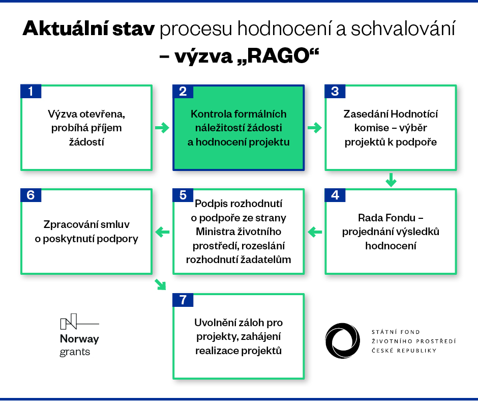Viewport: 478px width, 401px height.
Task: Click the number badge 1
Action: click(x=31, y=91)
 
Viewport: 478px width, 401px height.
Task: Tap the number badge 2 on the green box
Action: click(x=183, y=91)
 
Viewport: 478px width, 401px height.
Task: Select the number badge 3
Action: click(x=335, y=91)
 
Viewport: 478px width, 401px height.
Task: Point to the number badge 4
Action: click(x=335, y=195)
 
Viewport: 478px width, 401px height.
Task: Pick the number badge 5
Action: click(x=183, y=195)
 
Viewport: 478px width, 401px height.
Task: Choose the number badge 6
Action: click(x=31, y=195)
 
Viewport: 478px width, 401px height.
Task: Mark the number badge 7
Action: click(x=183, y=300)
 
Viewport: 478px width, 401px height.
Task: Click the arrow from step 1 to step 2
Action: click(x=162, y=128)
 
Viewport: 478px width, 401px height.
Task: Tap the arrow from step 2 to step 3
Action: click(x=315, y=128)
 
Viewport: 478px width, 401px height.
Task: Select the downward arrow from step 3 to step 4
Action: click(x=391, y=180)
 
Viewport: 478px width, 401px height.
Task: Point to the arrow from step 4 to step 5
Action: click(x=315, y=232)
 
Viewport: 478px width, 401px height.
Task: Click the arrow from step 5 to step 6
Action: click(x=163, y=232)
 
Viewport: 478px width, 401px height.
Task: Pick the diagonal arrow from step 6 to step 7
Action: click(x=161, y=284)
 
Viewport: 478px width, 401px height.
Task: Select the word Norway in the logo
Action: click(x=79, y=339)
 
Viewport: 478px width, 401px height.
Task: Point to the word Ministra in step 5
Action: click(x=214, y=232)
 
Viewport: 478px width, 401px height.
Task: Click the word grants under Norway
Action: click(x=75, y=352)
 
